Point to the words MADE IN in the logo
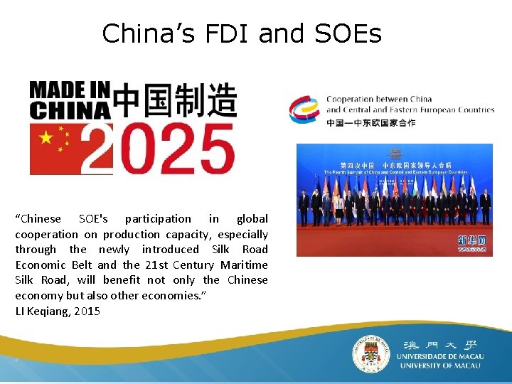click(x=70, y=90)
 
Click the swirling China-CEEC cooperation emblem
click(x=305, y=110)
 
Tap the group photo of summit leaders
click(x=394, y=200)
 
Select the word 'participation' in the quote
click(x=158, y=219)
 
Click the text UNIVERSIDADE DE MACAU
click(x=439, y=356)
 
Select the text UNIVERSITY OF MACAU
click(x=439, y=366)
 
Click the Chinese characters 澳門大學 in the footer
click(x=439, y=342)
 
